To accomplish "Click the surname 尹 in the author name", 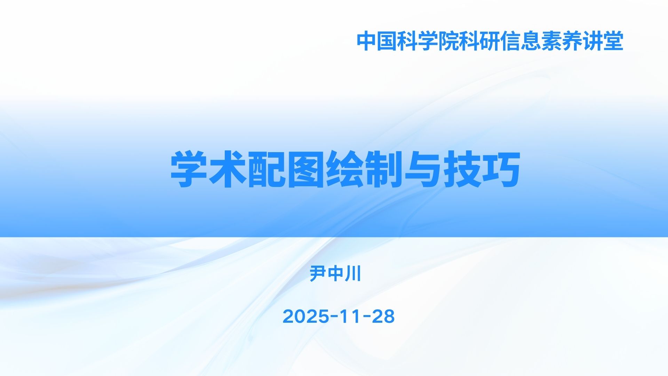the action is coord(318,274).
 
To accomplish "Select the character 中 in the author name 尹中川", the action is coord(335,274).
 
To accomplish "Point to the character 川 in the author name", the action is coord(353,274).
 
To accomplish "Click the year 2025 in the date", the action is coord(306,316).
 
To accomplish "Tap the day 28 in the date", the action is coord(383,316).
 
